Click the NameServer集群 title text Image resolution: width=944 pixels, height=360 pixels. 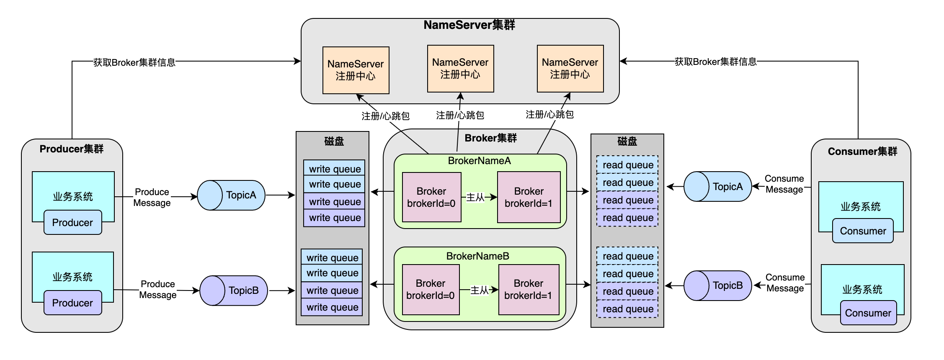(x=469, y=25)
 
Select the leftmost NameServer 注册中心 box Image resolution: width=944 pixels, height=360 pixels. (x=356, y=70)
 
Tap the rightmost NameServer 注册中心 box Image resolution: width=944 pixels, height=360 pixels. (x=570, y=69)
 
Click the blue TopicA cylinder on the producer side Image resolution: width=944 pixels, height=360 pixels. (x=231, y=195)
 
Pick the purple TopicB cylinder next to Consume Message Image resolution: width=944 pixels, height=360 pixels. (x=717, y=285)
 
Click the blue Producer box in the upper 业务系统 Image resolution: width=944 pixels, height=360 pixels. (x=72, y=223)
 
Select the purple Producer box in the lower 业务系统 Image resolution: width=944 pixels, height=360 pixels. (x=72, y=303)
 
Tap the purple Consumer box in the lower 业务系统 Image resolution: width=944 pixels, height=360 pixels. (x=868, y=313)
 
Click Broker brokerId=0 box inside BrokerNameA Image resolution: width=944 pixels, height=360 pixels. (x=431, y=197)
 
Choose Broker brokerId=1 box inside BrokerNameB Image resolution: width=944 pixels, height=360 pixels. (x=529, y=289)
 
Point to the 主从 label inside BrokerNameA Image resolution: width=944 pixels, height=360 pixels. (x=475, y=197)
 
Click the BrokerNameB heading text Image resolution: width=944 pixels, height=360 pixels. (x=477, y=256)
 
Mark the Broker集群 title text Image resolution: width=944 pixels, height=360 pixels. (x=490, y=138)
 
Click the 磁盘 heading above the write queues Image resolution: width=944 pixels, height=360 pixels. (x=334, y=141)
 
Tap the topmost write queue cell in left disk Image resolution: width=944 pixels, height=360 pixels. (x=334, y=169)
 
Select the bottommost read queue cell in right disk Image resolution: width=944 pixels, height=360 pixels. (x=627, y=309)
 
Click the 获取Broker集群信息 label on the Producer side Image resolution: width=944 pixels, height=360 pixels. (x=134, y=62)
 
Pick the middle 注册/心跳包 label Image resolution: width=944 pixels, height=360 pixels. (x=460, y=115)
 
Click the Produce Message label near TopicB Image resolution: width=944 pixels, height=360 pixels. (x=157, y=289)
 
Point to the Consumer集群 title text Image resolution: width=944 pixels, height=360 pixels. (x=862, y=152)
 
